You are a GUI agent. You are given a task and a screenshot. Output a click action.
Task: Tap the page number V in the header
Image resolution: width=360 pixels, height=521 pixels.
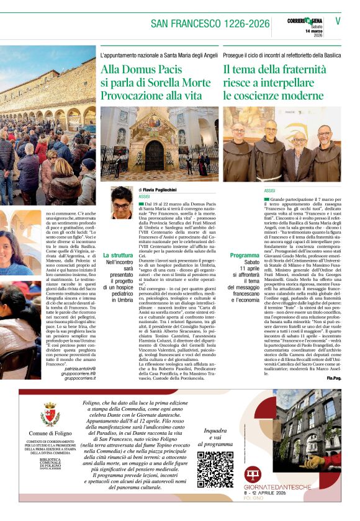click(338, 20)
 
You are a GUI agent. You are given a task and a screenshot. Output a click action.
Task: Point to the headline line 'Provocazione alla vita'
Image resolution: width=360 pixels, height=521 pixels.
click(151, 96)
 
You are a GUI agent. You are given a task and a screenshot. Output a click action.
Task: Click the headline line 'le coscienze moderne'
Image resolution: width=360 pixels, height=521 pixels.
click(273, 96)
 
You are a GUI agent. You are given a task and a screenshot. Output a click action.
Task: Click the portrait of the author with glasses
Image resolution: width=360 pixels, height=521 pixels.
click(121, 202)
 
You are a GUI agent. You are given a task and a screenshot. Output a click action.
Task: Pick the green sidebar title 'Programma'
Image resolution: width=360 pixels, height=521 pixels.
click(245, 256)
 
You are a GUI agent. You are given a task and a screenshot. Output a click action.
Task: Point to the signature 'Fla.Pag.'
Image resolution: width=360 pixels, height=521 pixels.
click(334, 378)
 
